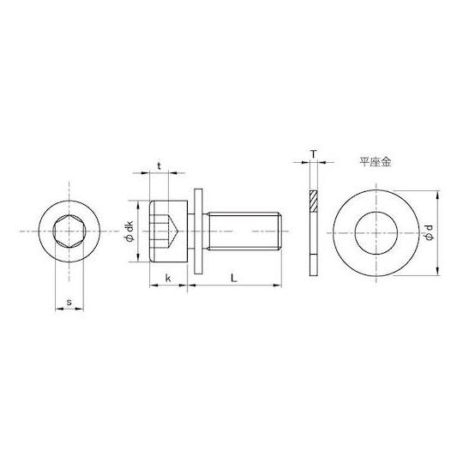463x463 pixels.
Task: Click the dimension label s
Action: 69,303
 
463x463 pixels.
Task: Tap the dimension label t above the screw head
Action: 159,166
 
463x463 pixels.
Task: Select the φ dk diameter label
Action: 130,231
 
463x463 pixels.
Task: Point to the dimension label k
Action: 168,278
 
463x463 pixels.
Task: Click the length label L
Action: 234,278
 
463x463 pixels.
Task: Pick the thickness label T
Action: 314,153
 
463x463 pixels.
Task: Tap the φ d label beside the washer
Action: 430,233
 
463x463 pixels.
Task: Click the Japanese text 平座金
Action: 375,162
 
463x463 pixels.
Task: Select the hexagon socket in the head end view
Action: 69,231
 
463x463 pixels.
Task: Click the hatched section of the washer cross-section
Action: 313,201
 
